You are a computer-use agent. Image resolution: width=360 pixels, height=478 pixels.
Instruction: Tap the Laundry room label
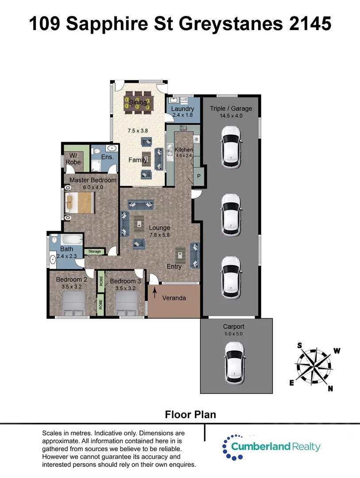[182, 109]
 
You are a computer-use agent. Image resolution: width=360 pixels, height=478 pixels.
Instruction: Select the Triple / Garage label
[231, 108]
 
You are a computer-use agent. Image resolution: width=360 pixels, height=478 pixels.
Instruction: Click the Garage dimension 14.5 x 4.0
[231, 116]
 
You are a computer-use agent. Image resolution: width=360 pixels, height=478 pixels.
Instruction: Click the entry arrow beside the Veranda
[155, 291]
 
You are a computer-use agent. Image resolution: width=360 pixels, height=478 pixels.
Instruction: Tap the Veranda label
[174, 298]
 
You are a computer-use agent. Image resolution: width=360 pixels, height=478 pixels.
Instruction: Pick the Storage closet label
[94, 251]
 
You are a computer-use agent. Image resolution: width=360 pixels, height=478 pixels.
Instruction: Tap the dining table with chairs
[138, 100]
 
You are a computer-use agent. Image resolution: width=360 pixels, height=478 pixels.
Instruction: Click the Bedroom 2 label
[71, 279]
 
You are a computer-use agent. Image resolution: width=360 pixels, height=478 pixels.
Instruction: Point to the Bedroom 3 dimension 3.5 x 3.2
[125, 288]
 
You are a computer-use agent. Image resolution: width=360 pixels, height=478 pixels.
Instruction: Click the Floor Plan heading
[190, 415]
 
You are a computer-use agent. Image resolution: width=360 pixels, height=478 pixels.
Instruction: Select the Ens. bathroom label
[108, 157]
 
